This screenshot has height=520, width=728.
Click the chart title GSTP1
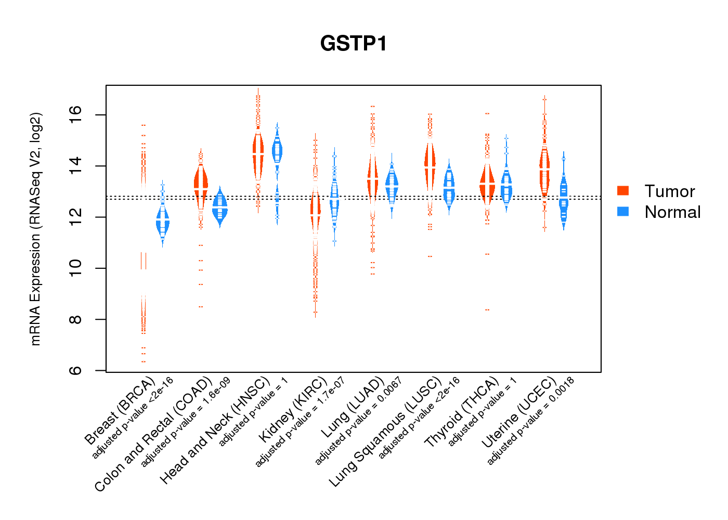[354, 44]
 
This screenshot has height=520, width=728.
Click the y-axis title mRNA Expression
[35, 229]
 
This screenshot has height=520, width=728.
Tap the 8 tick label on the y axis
[76, 319]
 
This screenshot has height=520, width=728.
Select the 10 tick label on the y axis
[76, 268]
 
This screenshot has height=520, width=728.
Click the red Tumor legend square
[622, 191]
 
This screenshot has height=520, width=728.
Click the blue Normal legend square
[622, 212]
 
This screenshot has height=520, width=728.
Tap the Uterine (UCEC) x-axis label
[518, 413]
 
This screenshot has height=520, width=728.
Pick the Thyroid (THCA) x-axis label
[461, 413]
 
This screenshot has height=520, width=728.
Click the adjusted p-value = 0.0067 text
[359, 421]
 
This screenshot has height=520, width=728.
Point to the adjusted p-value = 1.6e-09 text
[186, 422]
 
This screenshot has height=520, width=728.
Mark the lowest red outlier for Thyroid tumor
[487, 310]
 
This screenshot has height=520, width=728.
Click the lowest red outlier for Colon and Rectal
[201, 307]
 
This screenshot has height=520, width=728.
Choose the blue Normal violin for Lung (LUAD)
[392, 185]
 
